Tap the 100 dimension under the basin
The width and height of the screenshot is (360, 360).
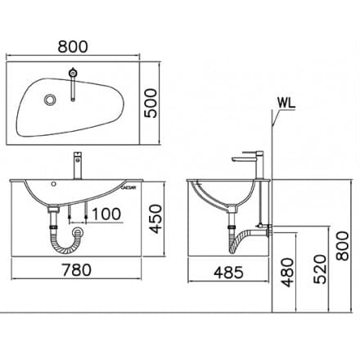point(104,214)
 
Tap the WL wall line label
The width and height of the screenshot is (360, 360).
point(286,103)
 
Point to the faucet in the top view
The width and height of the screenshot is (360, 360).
point(74,83)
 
